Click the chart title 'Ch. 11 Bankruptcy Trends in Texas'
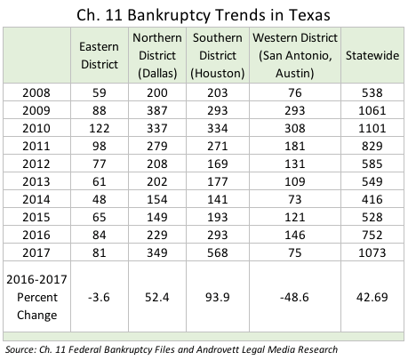[204, 15]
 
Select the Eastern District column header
[100, 55]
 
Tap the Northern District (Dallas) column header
[157, 55]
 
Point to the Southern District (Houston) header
[218, 55]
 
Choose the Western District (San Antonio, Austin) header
[295, 55]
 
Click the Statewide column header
[372, 55]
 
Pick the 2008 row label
[36, 92]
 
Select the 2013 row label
[36, 181]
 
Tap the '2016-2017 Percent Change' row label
[36, 297]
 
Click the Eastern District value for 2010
[100, 128]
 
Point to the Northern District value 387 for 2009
[157, 110]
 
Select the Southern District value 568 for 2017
[218, 252]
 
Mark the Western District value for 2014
[295, 199]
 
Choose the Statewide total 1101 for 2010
[372, 128]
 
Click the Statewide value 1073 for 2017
[372, 252]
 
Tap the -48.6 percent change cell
[294, 297]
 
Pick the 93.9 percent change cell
[218, 297]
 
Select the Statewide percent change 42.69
[372, 297]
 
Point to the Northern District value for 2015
[157, 217]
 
